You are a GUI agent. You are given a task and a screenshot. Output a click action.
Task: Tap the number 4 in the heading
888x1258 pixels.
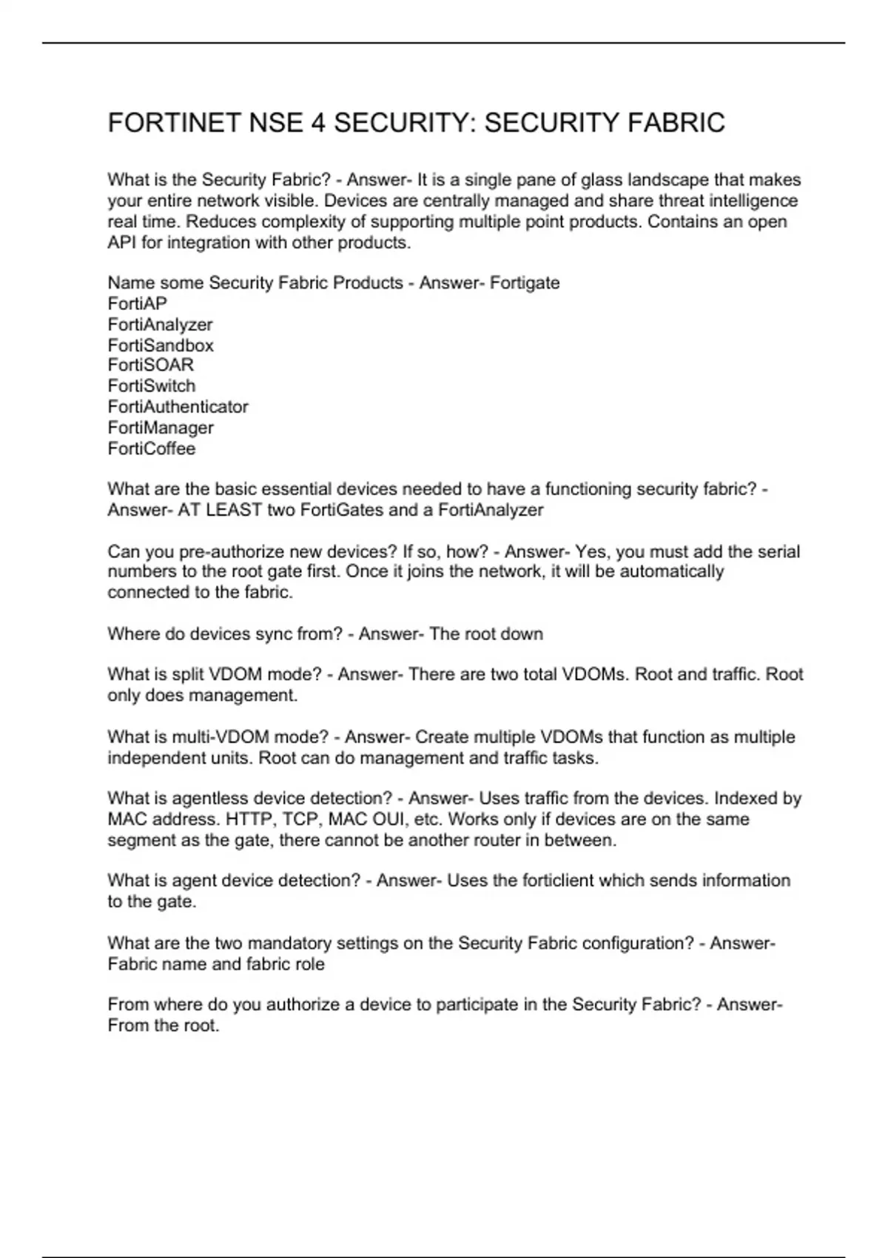point(317,123)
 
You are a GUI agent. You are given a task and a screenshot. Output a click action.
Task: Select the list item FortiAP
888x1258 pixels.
point(138,303)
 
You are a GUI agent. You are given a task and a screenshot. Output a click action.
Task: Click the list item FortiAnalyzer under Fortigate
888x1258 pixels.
point(160,324)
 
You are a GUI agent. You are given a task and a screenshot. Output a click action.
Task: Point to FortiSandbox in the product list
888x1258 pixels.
point(161,345)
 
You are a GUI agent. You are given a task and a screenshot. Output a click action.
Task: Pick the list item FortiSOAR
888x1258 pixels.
point(151,365)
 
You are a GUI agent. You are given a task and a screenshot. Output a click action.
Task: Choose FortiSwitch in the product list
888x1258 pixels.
point(152,386)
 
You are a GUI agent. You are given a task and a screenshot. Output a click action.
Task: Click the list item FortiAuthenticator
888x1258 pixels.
point(178,406)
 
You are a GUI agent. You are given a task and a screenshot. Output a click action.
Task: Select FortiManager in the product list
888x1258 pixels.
point(161,427)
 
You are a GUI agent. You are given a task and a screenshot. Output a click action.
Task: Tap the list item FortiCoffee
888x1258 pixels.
point(152,448)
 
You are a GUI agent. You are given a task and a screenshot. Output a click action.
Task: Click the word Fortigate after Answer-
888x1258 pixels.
point(525,283)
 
